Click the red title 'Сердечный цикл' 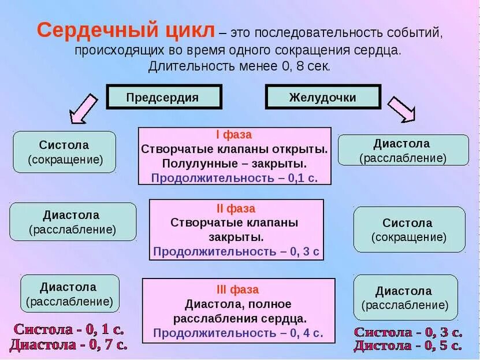click(126, 31)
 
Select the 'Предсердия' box click(164, 97)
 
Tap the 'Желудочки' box click(323, 97)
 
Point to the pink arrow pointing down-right click(401, 109)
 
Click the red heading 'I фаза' click(234, 135)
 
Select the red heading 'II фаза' click(236, 208)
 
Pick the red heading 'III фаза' click(237, 290)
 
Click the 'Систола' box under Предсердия click(64, 152)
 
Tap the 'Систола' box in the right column click(409, 229)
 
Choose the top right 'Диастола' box click(403, 150)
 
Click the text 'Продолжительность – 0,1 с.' click(235, 177)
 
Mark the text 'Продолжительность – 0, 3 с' click(236, 251)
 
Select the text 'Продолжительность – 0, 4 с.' click(238, 333)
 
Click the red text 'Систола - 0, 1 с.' click(69, 330)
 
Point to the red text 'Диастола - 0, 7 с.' click(68, 345)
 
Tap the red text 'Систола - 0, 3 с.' click(408, 332)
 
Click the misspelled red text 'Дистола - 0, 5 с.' click(408, 346)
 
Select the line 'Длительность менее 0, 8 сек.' click(239, 66)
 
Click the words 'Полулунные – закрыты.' click(235, 163)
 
